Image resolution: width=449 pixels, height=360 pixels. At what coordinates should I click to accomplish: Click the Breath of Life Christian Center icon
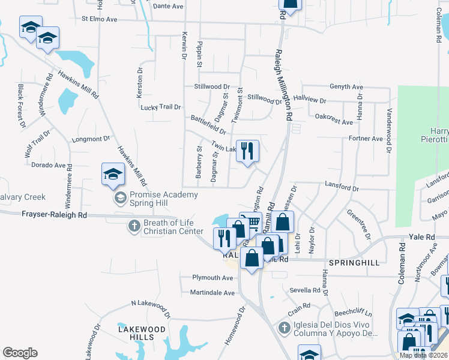click(x=134, y=226)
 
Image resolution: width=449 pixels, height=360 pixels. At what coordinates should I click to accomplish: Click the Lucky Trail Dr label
click(x=160, y=107)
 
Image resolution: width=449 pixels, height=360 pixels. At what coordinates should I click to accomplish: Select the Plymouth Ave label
click(x=212, y=278)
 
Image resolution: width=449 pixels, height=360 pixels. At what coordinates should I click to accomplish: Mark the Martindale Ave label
click(x=213, y=293)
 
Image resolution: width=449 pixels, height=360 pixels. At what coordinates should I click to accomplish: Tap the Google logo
click(x=20, y=353)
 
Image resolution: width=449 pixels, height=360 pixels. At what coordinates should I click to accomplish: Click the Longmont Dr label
click(x=91, y=139)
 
